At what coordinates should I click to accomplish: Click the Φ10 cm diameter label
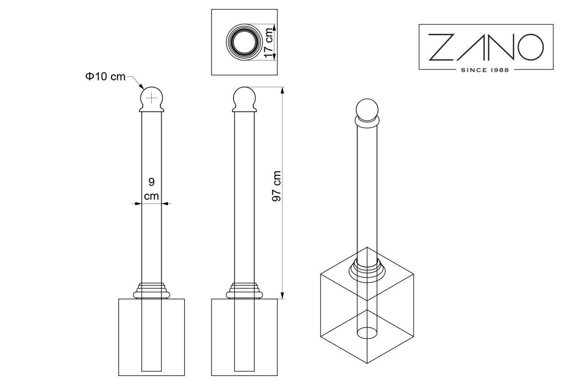click(x=105, y=77)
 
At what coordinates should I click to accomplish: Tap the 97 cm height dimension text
click(x=277, y=186)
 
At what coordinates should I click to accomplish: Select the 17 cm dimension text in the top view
click(x=269, y=43)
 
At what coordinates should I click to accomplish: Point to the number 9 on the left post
click(x=151, y=182)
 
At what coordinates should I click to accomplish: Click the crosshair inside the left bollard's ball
click(x=151, y=98)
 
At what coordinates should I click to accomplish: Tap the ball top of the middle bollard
click(x=244, y=98)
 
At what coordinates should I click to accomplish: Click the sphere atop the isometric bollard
click(x=367, y=110)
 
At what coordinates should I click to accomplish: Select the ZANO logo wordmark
click(x=486, y=47)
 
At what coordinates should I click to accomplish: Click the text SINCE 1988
click(x=485, y=70)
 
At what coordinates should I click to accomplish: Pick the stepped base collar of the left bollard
click(x=151, y=291)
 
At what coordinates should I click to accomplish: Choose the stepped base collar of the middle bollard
click(x=244, y=291)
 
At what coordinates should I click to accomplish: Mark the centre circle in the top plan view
click(x=244, y=42)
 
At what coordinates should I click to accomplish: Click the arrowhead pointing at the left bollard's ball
click(x=141, y=86)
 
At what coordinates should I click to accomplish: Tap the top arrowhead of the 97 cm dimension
click(x=282, y=90)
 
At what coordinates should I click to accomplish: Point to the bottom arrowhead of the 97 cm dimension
click(x=282, y=296)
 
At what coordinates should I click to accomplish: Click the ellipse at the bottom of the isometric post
click(x=367, y=333)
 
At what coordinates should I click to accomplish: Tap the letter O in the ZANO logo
click(x=531, y=47)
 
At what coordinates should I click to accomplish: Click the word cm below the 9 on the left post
click(x=151, y=196)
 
